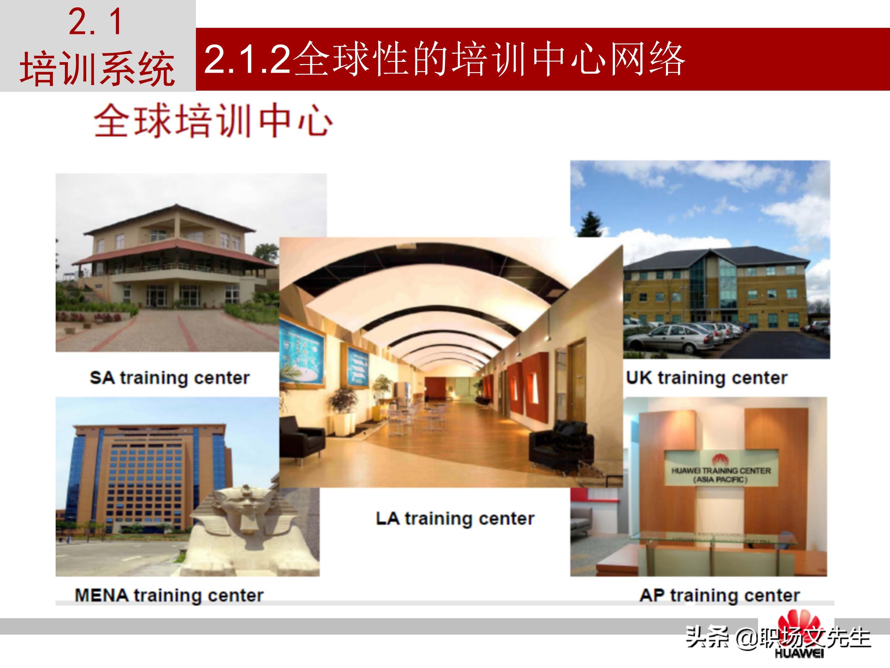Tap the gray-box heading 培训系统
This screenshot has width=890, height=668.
pos(97,68)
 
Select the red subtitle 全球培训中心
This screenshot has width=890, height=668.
pos(213,121)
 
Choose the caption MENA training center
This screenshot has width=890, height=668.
pos(169,595)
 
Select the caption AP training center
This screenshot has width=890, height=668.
pos(719,595)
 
